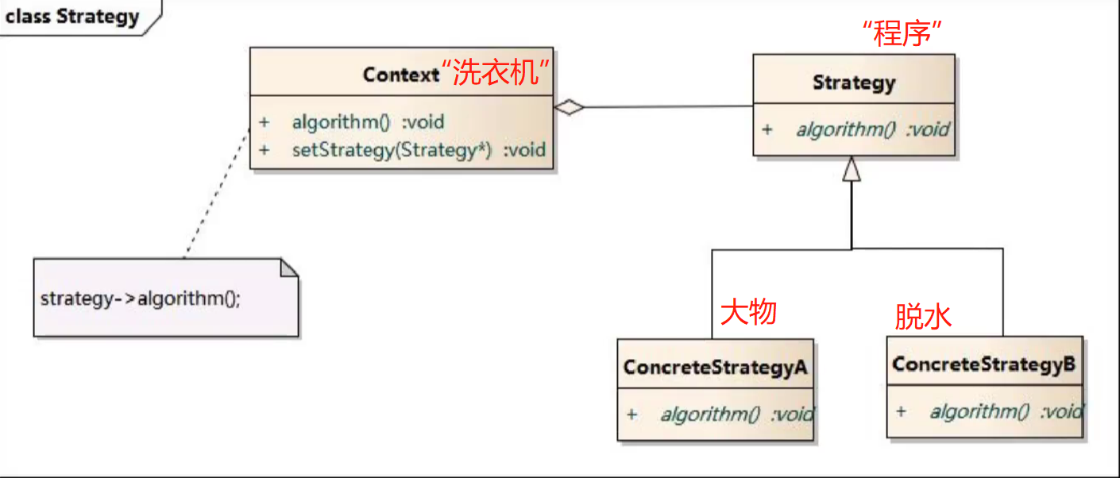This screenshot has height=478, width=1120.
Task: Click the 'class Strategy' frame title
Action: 72,17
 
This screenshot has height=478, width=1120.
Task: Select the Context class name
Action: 400,75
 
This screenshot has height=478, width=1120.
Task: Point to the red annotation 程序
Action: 902,34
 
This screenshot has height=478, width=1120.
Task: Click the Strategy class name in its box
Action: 854,82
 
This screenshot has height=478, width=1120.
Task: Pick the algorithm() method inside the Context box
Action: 368,122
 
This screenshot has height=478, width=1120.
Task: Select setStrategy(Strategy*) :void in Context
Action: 419,149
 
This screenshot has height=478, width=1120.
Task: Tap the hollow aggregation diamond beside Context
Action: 569,108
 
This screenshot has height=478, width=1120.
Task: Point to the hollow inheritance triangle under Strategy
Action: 852,168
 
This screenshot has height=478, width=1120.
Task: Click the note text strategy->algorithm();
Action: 140,300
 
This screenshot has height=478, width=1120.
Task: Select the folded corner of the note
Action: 289,268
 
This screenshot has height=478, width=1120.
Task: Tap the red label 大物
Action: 747,312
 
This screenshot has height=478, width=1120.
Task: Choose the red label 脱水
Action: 923,317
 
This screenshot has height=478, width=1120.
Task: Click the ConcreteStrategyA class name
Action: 716,367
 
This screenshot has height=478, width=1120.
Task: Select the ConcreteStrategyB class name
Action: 984,364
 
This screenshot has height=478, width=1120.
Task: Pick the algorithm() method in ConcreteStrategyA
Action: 736,414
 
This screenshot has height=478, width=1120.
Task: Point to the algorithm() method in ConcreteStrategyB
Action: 1006,411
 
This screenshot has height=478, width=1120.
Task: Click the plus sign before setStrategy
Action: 264,149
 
